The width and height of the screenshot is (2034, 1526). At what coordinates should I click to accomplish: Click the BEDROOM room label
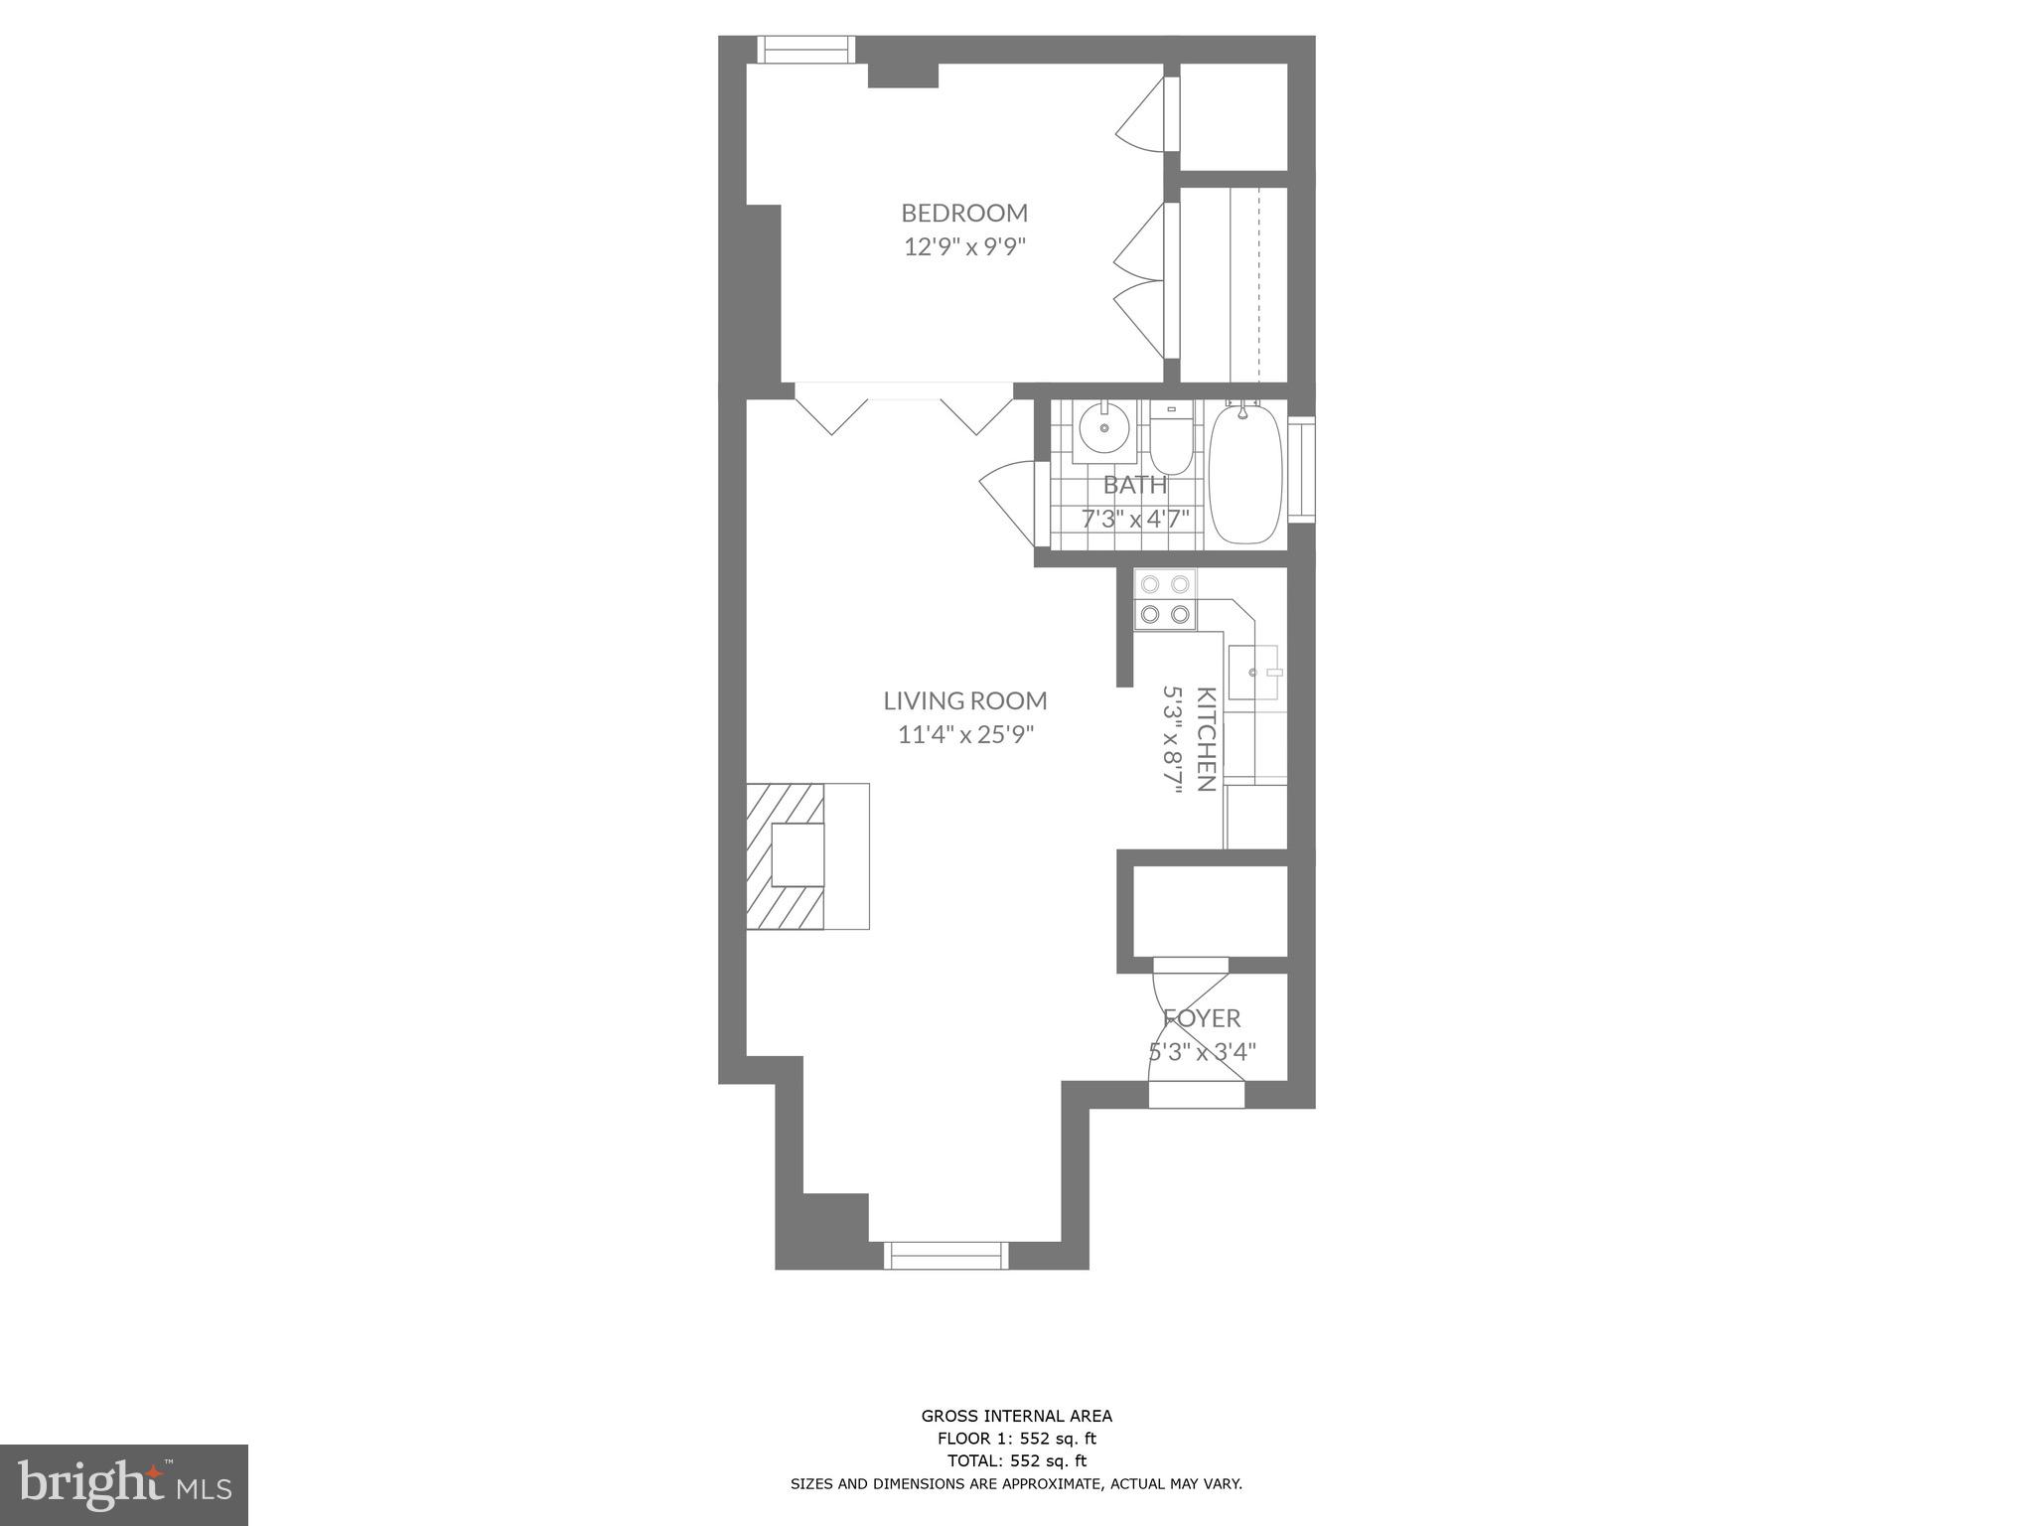coord(963,213)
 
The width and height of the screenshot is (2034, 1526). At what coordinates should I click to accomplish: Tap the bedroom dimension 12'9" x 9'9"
coord(963,246)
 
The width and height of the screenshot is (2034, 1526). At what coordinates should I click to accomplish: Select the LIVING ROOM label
coord(964,700)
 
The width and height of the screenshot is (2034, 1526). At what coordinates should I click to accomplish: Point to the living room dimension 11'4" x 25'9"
coord(964,735)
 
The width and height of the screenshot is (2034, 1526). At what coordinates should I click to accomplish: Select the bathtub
coord(1245,473)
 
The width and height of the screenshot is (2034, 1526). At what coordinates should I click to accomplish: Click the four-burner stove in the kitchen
coord(1165,599)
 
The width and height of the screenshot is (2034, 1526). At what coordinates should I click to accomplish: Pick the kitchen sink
coord(1252,673)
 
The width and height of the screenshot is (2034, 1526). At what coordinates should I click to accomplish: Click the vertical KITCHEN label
coord(1206,739)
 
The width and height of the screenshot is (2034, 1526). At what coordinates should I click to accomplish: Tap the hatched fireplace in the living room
coord(786,855)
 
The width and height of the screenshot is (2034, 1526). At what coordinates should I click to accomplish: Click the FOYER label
coord(1202,1018)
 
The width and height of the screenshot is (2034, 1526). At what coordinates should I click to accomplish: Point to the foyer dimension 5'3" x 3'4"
coord(1202,1051)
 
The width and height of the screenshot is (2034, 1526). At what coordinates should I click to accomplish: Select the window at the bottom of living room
coord(945,1255)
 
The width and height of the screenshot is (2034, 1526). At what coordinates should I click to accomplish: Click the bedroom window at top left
coord(805,50)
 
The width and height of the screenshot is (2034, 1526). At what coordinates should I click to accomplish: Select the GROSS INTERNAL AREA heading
coord(1016,1416)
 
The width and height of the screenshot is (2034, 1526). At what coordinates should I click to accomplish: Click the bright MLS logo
coord(123,1484)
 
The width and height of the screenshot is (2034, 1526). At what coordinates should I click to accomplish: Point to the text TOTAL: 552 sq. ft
coord(1016,1460)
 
